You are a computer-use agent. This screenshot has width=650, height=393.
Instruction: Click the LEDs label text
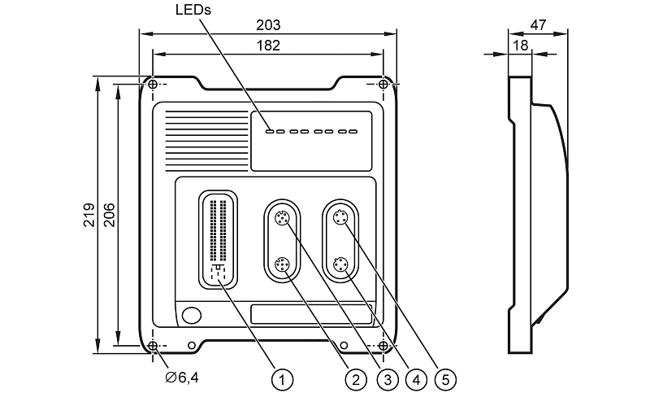[x=193, y=11]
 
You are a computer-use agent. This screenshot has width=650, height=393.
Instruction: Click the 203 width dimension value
[x=267, y=26]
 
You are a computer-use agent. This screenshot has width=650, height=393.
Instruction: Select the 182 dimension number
[x=267, y=46]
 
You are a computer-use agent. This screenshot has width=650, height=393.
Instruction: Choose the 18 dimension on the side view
[x=519, y=47]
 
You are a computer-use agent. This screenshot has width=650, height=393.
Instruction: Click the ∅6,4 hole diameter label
[x=180, y=377]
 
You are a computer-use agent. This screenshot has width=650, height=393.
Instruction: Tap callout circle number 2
[x=353, y=378]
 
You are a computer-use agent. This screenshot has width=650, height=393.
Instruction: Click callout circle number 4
[x=415, y=378]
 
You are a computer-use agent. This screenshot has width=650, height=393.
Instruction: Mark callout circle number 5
[x=446, y=378]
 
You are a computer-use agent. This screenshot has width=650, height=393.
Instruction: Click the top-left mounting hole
[x=153, y=85]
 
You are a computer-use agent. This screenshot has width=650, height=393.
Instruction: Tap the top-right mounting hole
[x=383, y=85]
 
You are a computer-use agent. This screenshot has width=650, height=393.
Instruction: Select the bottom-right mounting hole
[x=383, y=347]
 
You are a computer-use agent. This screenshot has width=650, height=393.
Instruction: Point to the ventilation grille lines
[x=207, y=129]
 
